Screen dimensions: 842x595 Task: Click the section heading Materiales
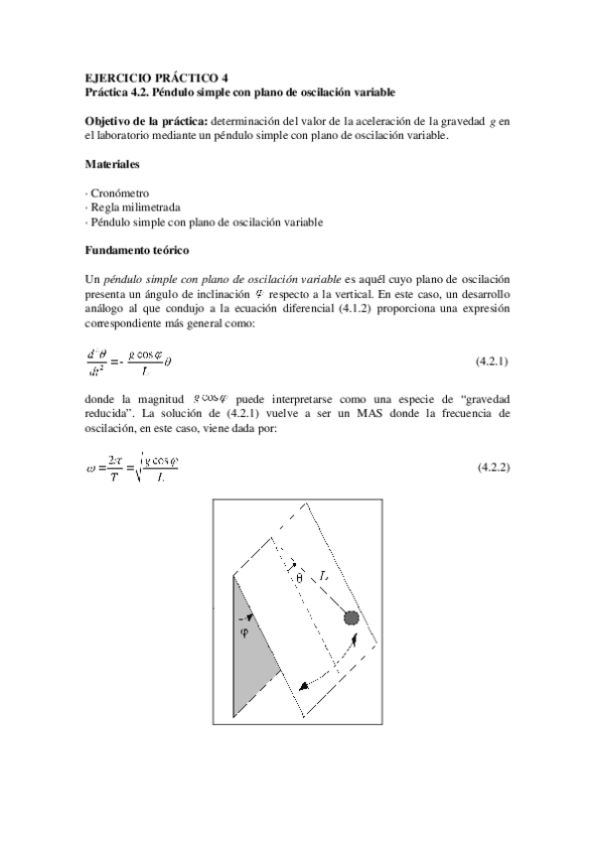(x=111, y=163)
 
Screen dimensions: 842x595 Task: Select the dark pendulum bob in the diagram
(x=351, y=618)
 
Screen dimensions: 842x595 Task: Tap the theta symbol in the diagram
(x=298, y=577)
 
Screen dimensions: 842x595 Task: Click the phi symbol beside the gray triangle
(x=245, y=632)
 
